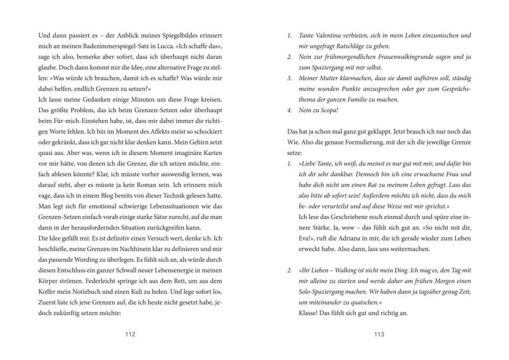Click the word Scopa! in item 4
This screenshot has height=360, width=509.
point(331,110)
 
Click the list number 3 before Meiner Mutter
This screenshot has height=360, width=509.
point(289,78)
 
